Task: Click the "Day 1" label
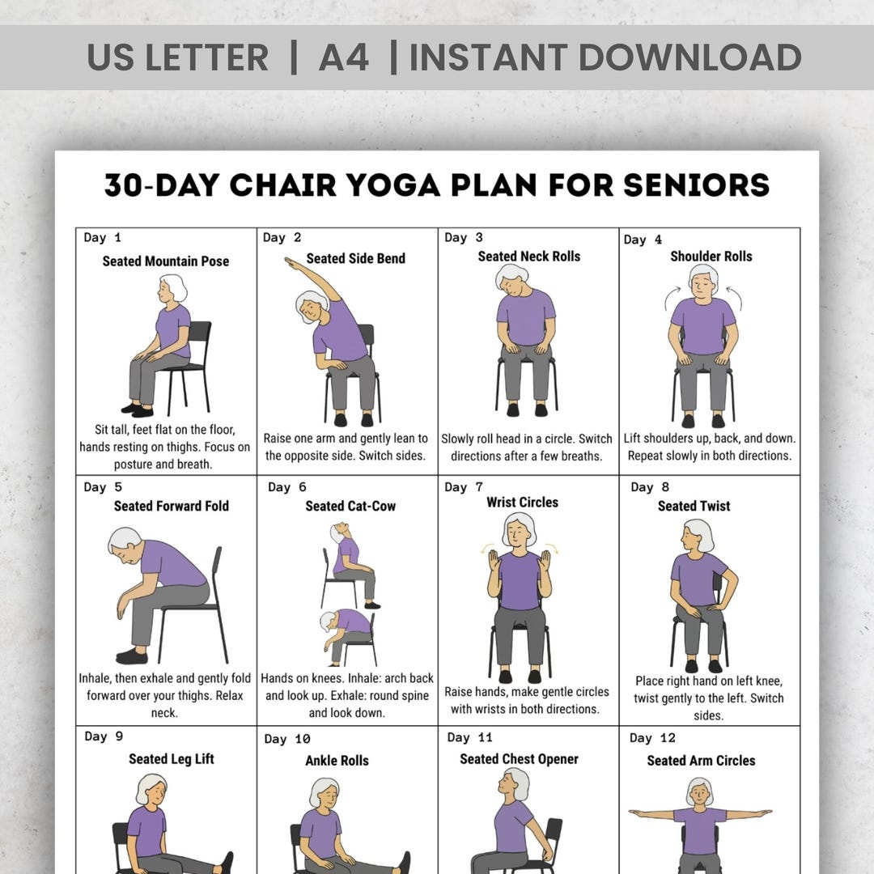[x=102, y=238]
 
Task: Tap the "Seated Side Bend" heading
[x=355, y=258]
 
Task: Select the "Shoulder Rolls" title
[x=711, y=257]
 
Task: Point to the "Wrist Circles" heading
[x=522, y=503]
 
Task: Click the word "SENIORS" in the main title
[x=696, y=185]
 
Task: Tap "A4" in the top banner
[x=344, y=57]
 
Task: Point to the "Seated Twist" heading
[x=694, y=506]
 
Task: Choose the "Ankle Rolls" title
[x=337, y=761]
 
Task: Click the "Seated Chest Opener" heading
[x=519, y=759]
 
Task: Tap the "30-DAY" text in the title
[x=162, y=185]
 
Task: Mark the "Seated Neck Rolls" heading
[x=528, y=257]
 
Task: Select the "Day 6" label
[x=286, y=487]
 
